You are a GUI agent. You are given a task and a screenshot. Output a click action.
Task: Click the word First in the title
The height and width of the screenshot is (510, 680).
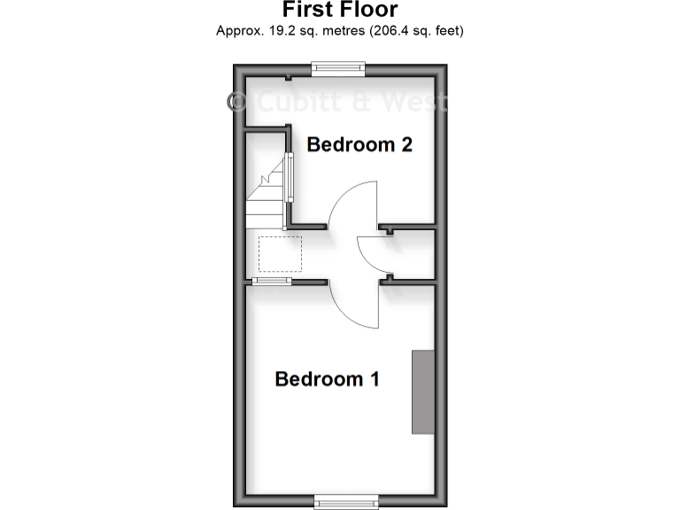307,11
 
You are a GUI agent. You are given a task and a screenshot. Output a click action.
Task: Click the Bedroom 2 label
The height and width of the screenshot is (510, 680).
359,144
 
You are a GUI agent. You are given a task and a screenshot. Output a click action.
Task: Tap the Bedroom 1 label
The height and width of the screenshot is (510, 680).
328,379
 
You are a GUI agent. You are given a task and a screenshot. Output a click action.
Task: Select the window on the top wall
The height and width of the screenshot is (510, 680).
338,65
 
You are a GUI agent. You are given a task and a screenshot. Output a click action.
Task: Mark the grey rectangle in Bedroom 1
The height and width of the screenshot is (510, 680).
423,391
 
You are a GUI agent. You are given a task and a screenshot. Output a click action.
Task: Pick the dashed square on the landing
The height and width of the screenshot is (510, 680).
280,254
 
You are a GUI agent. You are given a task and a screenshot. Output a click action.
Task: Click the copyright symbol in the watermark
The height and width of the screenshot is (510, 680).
238,103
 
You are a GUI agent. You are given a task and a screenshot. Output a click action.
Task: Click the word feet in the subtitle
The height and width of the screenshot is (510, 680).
448,31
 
